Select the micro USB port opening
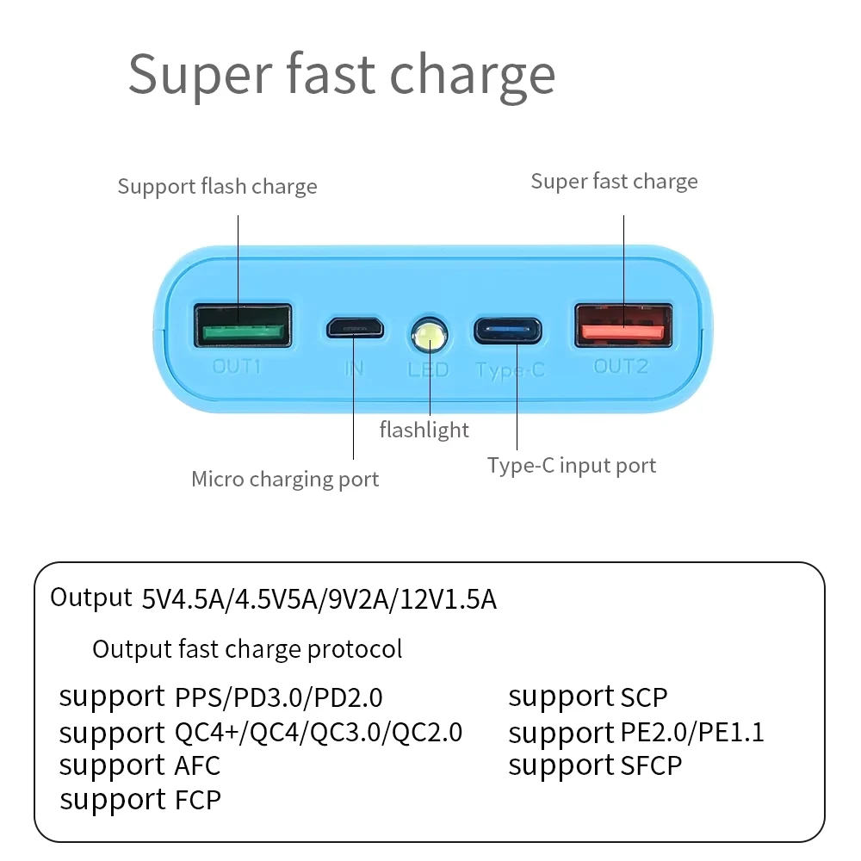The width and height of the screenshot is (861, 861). click(354, 327)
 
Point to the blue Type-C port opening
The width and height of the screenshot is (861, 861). click(507, 330)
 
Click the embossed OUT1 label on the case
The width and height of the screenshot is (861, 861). click(237, 366)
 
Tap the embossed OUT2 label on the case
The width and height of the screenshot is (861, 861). click(621, 366)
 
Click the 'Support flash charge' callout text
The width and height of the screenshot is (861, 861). click(217, 186)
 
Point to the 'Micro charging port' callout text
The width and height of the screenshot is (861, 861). click(285, 479)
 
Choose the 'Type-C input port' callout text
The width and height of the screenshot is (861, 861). click(572, 466)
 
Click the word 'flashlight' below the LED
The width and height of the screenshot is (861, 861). click(424, 429)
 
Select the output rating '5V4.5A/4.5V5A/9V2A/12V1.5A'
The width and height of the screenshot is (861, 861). click(319, 599)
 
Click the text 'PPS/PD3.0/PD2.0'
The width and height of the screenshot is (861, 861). click(278, 697)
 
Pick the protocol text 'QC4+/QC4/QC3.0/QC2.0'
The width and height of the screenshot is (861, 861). click(319, 733)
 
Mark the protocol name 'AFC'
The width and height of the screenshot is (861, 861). click(197, 765)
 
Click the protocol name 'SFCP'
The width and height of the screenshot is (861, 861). click(651, 765)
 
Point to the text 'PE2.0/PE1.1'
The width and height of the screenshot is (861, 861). click(692, 733)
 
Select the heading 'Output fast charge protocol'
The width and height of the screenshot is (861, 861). click(247, 649)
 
